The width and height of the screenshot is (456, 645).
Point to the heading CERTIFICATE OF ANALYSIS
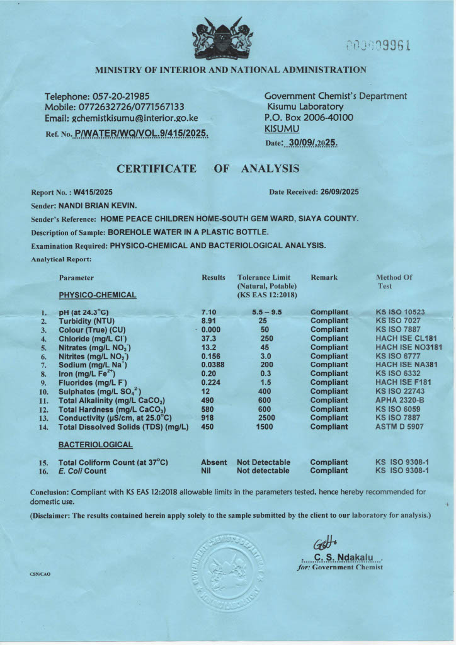click(x=208, y=169)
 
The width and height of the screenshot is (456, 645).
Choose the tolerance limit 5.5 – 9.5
click(x=265, y=312)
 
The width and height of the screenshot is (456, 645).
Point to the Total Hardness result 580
click(x=208, y=409)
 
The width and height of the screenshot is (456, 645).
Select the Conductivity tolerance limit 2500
click(x=265, y=418)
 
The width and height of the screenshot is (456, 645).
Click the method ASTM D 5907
click(x=400, y=426)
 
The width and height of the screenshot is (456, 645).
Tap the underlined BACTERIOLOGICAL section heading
click(x=95, y=445)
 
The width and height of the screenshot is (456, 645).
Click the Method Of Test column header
click(x=394, y=281)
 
